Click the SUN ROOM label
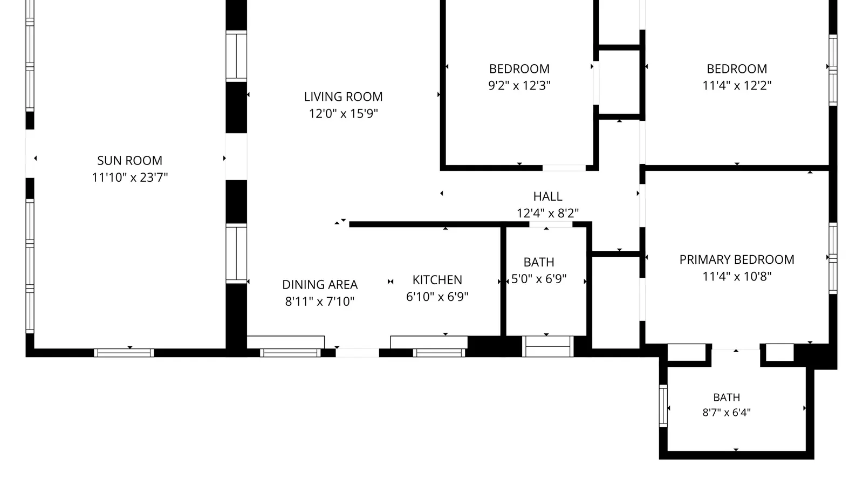[x=129, y=160]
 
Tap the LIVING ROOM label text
[x=343, y=97]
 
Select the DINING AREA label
[x=320, y=285]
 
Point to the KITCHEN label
[x=437, y=279]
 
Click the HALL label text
[x=547, y=196]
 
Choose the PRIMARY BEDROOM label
[x=737, y=259]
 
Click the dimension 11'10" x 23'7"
[x=130, y=177]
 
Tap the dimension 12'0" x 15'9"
[x=343, y=114]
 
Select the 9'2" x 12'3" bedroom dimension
[x=519, y=86]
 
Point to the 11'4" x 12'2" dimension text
[x=737, y=86]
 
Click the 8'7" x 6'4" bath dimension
[x=727, y=413]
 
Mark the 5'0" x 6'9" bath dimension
[x=539, y=279]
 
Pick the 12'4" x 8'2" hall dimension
[x=547, y=213]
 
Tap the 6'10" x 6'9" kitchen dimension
[x=437, y=297]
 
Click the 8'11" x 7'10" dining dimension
[x=320, y=301]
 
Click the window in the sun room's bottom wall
[x=124, y=353]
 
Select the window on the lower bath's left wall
[x=663, y=406]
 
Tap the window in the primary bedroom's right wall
[x=833, y=258]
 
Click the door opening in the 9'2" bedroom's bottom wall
[x=564, y=168]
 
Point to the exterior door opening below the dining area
[x=358, y=353]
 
